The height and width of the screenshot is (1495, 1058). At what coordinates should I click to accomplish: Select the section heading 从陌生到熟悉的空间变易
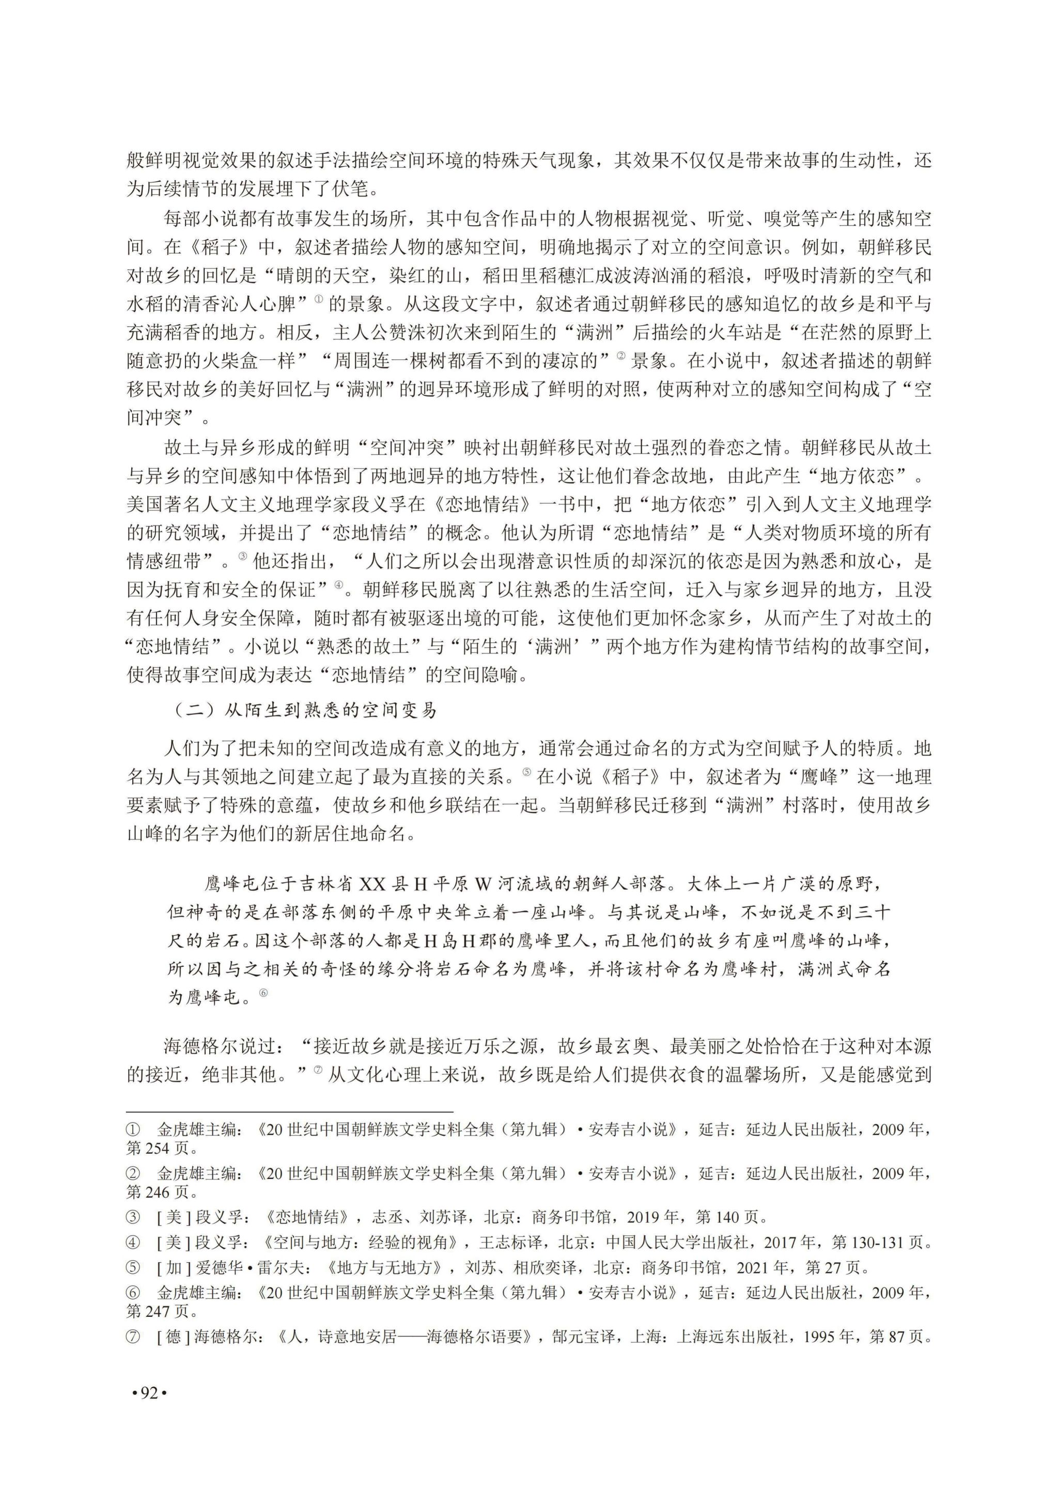[x=330, y=710]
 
